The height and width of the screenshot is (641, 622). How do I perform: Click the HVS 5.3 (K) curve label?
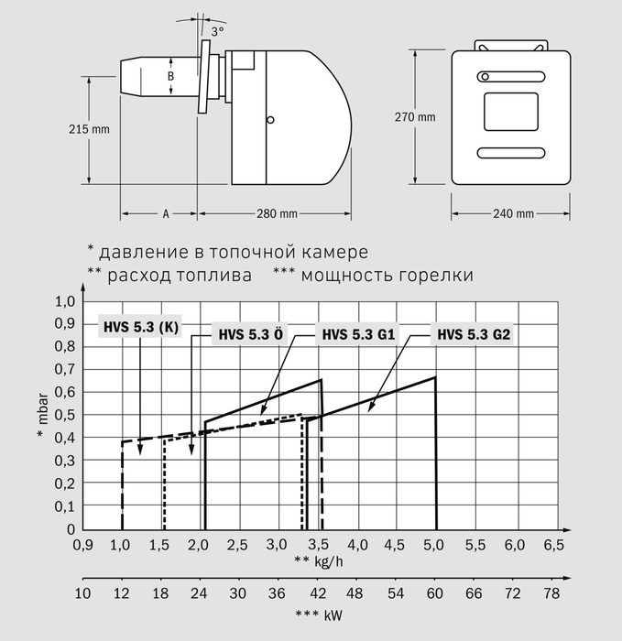click(141, 328)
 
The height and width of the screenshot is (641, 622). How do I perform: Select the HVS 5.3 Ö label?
click(250, 334)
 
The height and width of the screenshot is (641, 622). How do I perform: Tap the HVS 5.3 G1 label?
click(358, 334)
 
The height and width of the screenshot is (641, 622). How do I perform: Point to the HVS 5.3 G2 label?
click(474, 334)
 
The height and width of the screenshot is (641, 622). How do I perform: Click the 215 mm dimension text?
click(89, 129)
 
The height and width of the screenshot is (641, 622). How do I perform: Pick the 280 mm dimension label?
click(277, 213)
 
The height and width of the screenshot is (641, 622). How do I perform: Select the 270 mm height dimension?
click(415, 117)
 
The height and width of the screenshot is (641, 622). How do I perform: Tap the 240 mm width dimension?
click(513, 213)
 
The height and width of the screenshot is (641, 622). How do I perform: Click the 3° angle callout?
click(217, 31)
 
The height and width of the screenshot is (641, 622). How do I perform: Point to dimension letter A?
click(166, 213)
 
